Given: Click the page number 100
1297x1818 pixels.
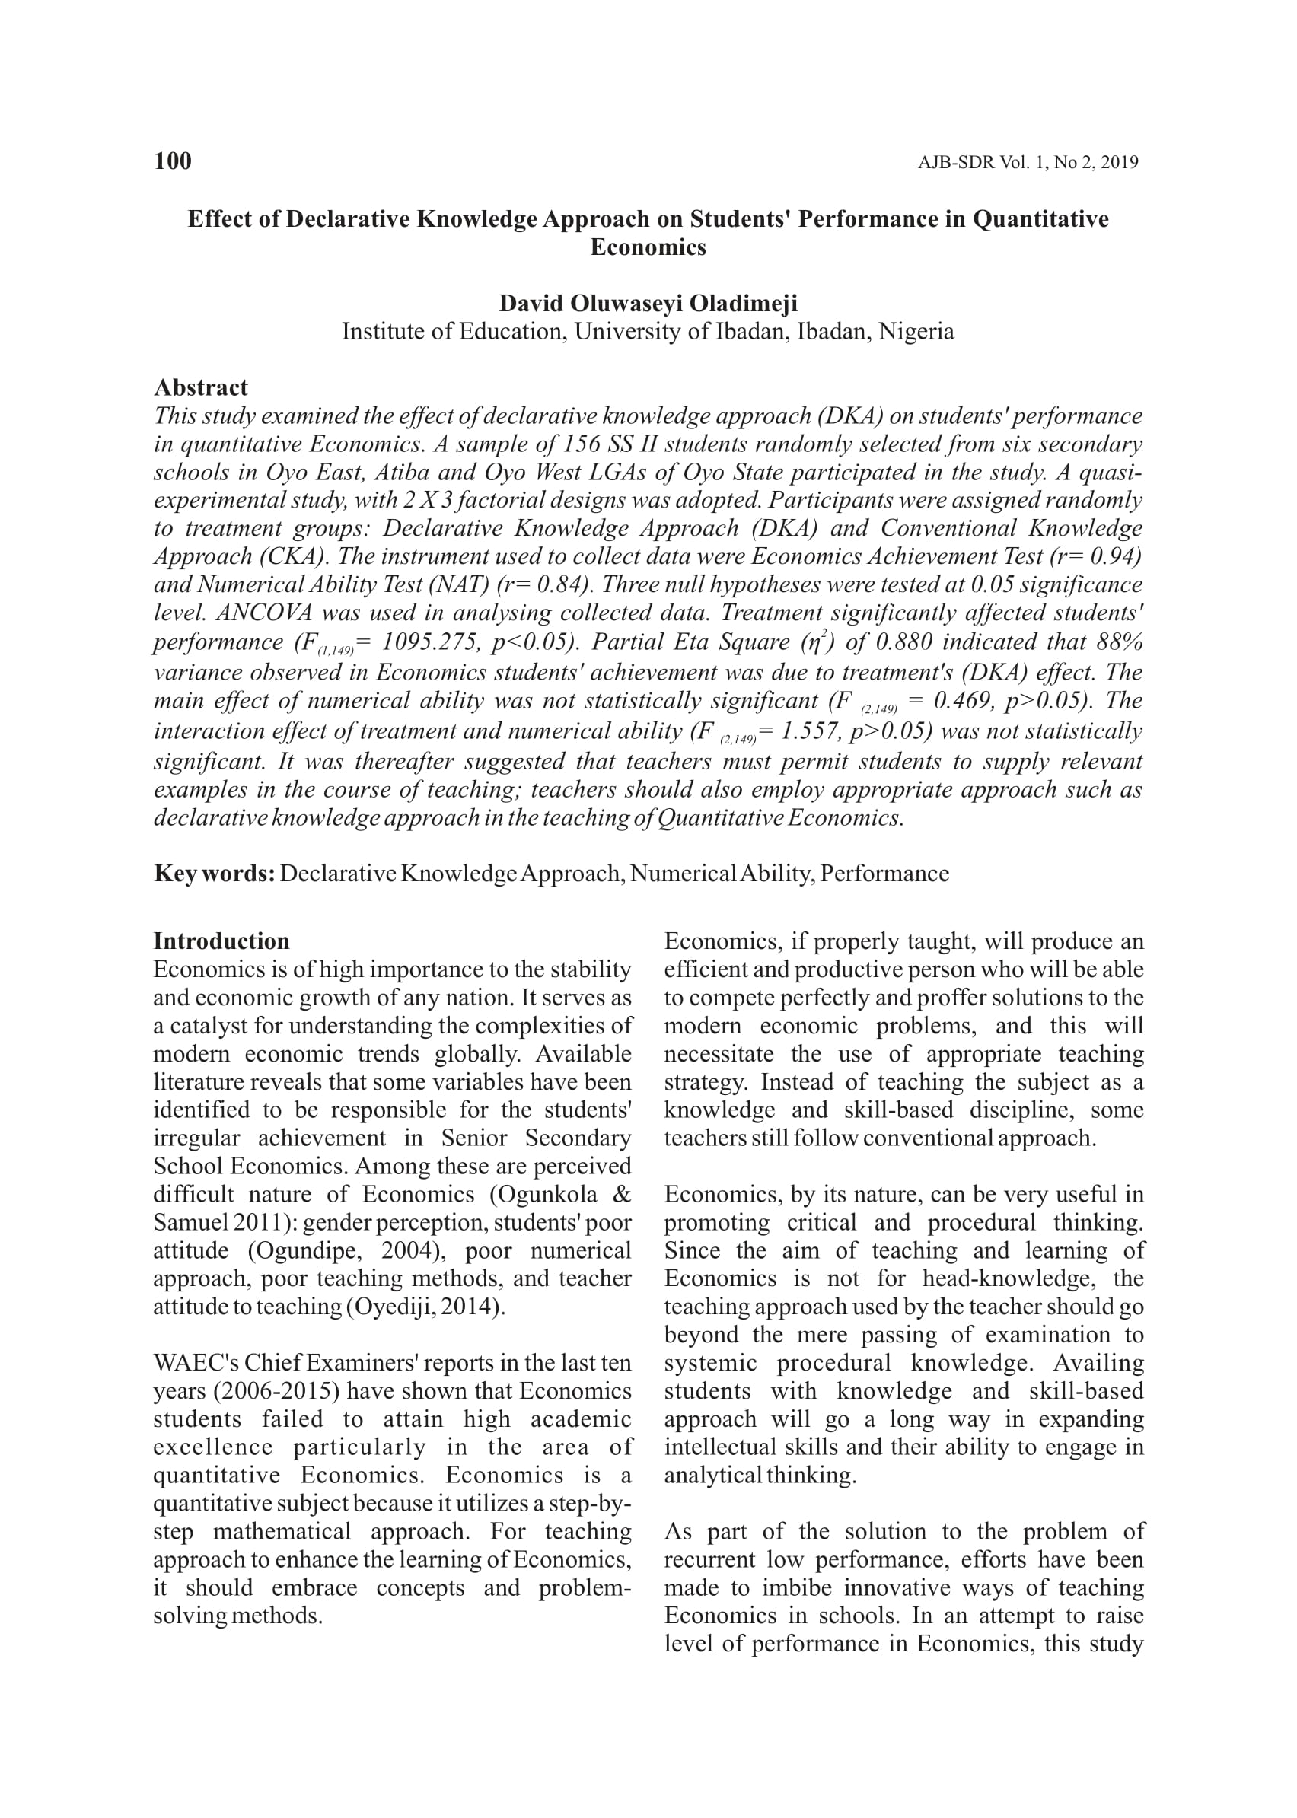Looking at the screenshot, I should click(x=173, y=161).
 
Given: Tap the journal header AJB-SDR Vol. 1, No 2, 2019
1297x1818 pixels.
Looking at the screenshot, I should click(x=1027, y=163).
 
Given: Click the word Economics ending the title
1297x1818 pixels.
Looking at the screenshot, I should click(x=648, y=247).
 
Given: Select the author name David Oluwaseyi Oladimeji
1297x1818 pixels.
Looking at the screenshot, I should click(x=648, y=304).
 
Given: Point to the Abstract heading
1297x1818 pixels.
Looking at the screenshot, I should click(x=200, y=388).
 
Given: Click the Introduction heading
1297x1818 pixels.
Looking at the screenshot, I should click(x=221, y=941).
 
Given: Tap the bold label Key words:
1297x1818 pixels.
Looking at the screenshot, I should click(x=214, y=874).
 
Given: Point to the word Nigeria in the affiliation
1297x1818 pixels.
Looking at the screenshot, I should click(x=916, y=331).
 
